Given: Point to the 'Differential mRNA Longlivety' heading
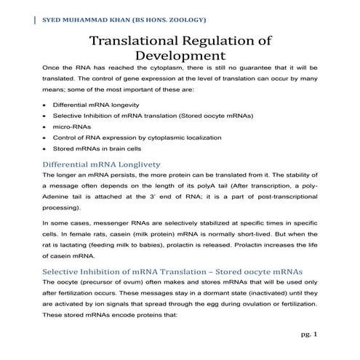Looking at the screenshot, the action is click(102, 164).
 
